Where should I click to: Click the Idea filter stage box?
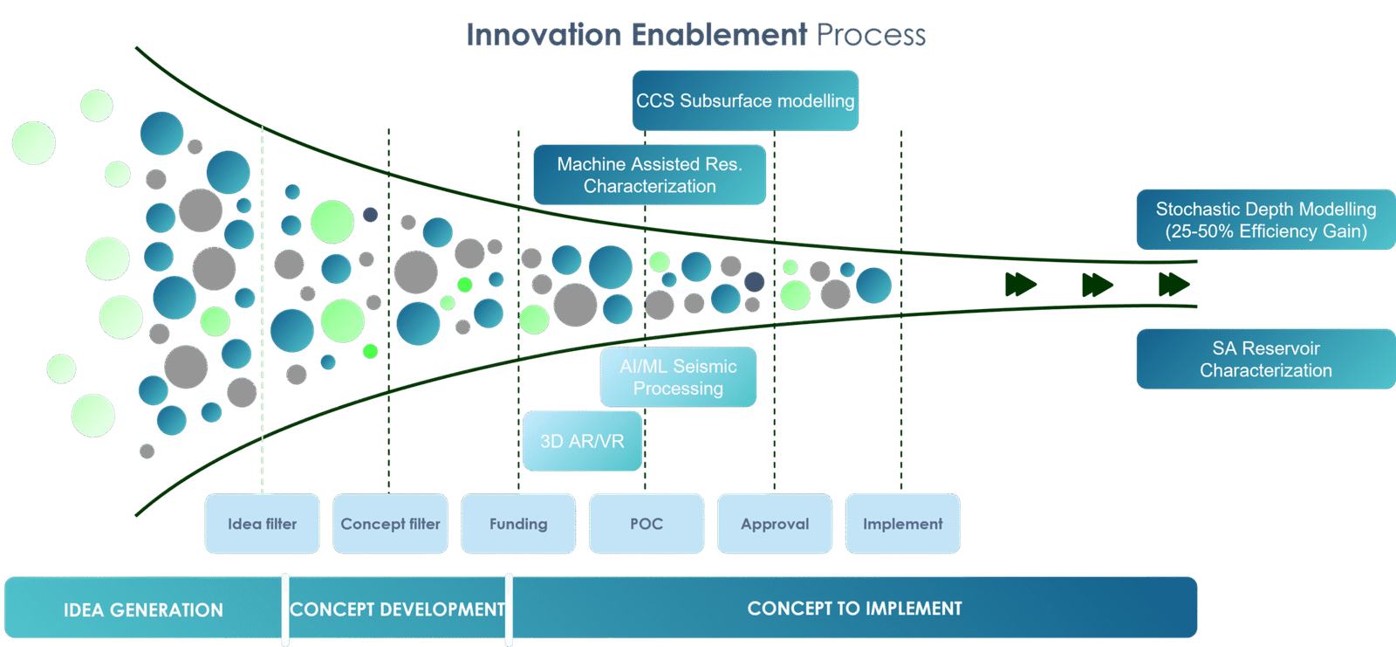point(263,523)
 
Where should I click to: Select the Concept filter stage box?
point(390,523)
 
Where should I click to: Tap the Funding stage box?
point(518,523)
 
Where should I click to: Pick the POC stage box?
point(647,523)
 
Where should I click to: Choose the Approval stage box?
point(775,523)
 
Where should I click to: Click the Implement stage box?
point(903,523)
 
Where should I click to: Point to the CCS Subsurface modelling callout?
point(745,100)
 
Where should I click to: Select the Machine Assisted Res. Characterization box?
point(650,175)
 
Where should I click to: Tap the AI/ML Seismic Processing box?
point(678,377)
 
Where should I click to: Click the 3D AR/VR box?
point(582,441)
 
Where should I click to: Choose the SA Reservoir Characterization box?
point(1265,359)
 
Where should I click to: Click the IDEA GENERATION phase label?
point(143,609)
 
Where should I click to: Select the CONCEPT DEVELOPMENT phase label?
point(397,609)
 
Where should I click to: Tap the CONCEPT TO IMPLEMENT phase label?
point(854,608)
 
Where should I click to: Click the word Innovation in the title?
point(543,35)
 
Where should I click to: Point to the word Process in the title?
point(871,35)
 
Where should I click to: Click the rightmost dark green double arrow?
point(1174,284)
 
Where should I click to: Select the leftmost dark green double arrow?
point(1020,284)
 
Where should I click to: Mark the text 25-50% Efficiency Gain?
point(1266,231)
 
